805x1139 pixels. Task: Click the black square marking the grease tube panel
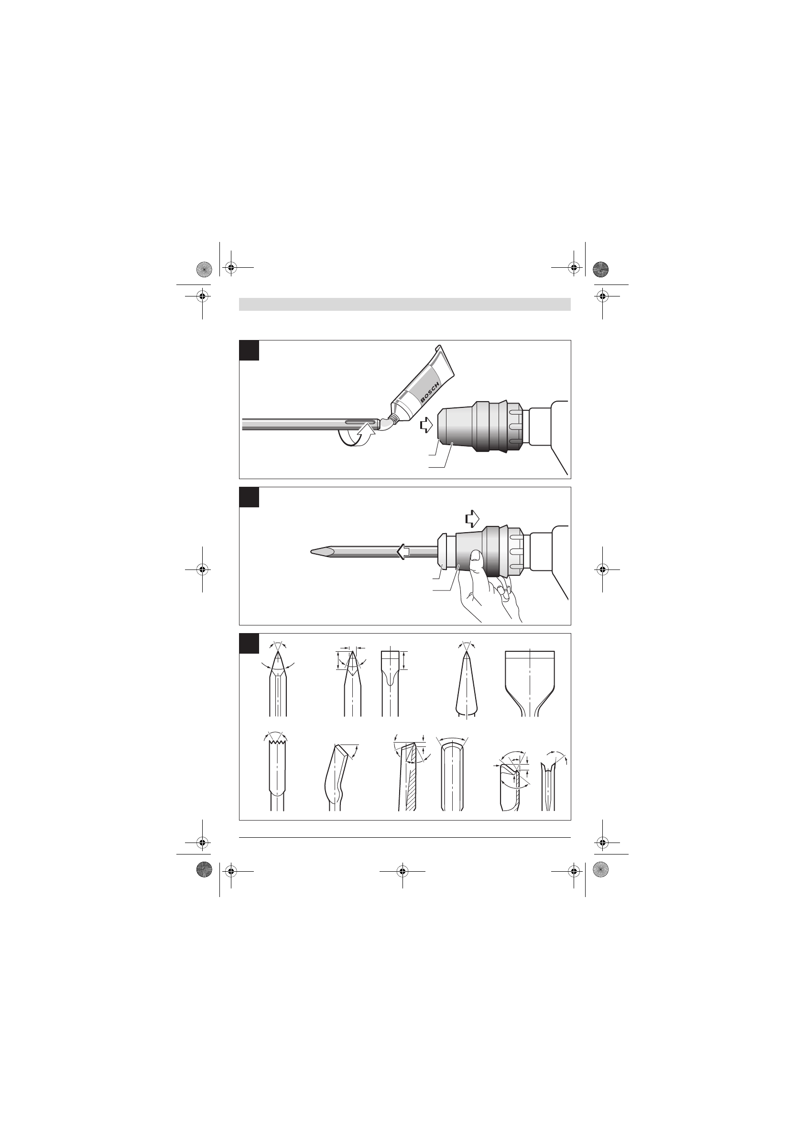click(x=249, y=350)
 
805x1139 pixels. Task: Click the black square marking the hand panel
click(x=249, y=497)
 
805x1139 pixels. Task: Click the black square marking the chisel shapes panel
click(x=249, y=644)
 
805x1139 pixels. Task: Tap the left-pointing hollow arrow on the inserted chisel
click(x=404, y=551)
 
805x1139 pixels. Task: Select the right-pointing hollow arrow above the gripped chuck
click(x=473, y=518)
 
